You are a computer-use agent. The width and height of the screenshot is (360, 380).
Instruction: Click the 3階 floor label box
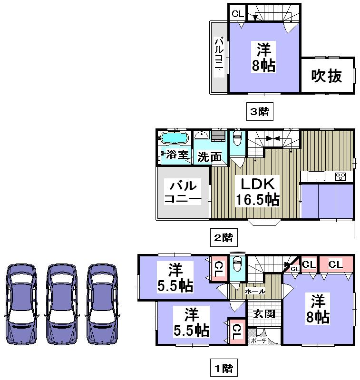(x=260, y=112)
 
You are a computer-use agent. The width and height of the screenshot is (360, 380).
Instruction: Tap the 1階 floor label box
(x=223, y=367)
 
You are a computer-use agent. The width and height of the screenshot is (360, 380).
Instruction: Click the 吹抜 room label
(x=327, y=76)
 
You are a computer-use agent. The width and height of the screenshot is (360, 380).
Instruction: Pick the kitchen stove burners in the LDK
(x=341, y=176)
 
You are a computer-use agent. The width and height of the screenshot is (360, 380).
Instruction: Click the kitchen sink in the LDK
(x=316, y=176)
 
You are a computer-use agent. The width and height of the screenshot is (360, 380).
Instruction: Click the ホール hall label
(x=255, y=291)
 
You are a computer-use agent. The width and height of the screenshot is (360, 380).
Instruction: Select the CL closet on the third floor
(x=237, y=14)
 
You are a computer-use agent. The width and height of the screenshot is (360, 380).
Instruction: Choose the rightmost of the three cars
(x=102, y=303)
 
